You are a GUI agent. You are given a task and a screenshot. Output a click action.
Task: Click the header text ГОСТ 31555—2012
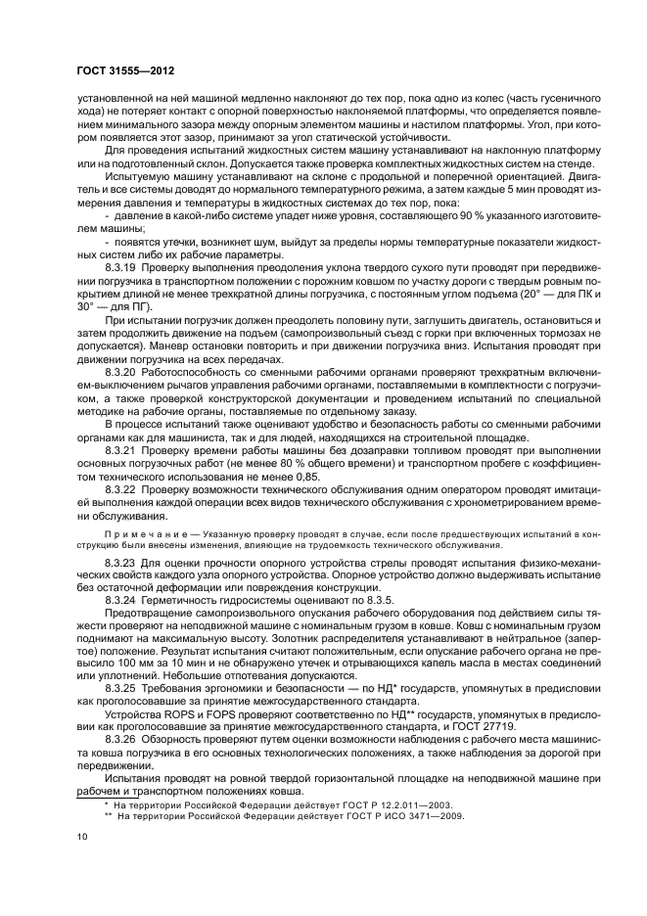click(118, 73)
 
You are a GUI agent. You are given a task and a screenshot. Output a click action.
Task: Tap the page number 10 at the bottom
click(81, 839)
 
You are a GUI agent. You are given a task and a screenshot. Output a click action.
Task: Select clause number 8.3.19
click(120, 293)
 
